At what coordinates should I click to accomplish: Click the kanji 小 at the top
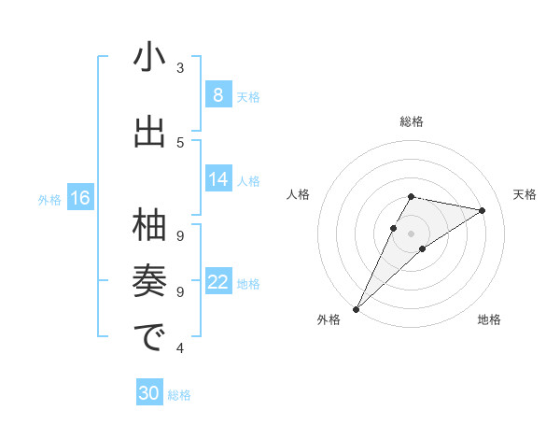149,59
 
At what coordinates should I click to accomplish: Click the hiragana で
149,337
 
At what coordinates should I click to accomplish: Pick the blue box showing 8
217,95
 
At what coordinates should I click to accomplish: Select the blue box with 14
218,179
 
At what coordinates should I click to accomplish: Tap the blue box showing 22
218,282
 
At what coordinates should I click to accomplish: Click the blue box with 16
79,198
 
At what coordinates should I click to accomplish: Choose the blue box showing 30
148,393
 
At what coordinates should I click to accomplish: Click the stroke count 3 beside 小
180,68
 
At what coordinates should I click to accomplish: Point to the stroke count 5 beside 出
180,142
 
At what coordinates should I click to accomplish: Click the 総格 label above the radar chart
412,121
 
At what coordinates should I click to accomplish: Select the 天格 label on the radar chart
525,194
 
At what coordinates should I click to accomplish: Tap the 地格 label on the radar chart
489,319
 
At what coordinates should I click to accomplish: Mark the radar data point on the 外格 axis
356,308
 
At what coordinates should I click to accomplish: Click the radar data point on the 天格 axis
483,210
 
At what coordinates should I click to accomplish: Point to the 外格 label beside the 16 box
49,199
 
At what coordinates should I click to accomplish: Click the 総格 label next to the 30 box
179,395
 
